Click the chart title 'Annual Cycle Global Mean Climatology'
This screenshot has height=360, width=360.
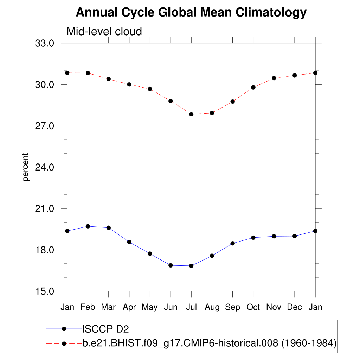click(x=191, y=13)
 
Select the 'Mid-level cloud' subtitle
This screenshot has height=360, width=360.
click(x=104, y=32)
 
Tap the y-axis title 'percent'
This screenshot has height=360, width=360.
click(x=26, y=167)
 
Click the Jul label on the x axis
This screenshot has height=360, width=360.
click(x=191, y=307)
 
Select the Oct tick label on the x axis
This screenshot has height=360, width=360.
click(x=253, y=307)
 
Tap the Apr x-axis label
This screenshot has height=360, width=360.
click(x=129, y=307)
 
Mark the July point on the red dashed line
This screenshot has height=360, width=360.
click(x=191, y=114)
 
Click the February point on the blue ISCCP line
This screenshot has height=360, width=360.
click(x=88, y=226)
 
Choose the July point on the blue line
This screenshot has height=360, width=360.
click(x=191, y=266)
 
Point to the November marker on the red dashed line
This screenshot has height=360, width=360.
click(x=274, y=78)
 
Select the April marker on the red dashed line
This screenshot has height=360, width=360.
click(x=129, y=84)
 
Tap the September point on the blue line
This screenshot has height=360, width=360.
click(x=233, y=243)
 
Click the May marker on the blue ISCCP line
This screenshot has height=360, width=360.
click(x=150, y=253)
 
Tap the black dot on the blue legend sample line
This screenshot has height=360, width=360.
click(x=64, y=329)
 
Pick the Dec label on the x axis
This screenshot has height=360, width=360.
click(x=295, y=307)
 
